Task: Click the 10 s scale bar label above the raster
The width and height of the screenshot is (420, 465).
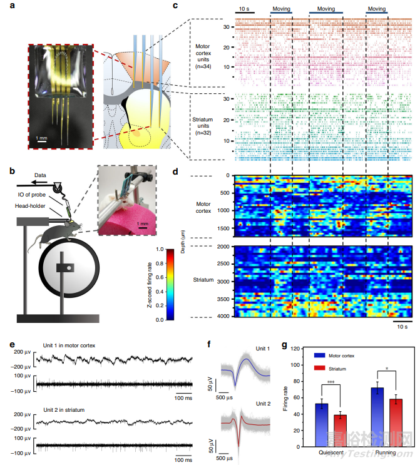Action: coord(243,9)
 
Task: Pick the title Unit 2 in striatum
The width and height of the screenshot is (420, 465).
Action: coord(69,409)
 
